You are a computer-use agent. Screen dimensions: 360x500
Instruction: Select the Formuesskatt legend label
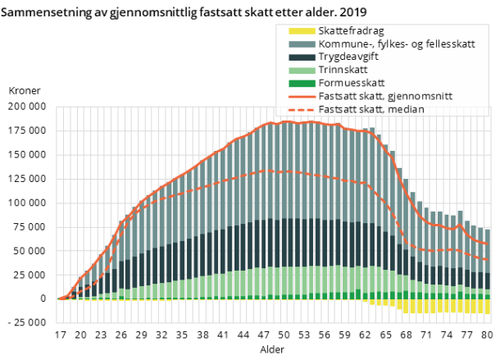tap(352, 83)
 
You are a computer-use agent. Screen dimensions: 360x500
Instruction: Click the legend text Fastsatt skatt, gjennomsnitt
tap(385, 96)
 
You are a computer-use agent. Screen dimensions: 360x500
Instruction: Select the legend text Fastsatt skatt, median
tap(372, 109)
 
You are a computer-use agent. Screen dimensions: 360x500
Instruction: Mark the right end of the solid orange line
tap(489, 243)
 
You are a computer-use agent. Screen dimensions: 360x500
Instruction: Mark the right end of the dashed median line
tap(489, 260)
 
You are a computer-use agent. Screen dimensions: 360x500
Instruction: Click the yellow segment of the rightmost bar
tap(487, 306)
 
